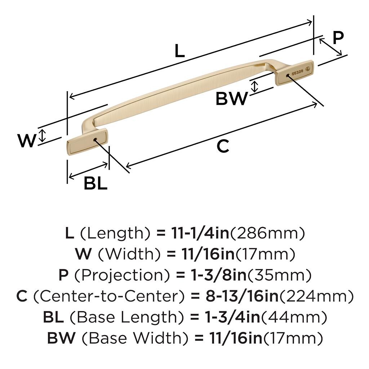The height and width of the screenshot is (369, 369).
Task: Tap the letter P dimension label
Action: (338, 37)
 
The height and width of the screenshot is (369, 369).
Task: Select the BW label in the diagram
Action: (232, 98)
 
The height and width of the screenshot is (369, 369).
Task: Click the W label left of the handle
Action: (27, 141)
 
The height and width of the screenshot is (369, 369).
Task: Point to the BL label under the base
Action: (95, 184)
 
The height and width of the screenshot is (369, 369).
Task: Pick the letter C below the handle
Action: (223, 147)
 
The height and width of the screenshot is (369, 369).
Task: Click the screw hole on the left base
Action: (95, 139)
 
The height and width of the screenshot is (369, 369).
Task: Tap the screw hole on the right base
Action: (287, 76)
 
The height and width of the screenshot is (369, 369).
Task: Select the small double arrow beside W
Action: (43, 135)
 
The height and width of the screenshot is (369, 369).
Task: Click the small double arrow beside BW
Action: (255, 86)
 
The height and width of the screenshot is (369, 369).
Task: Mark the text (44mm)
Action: (294, 317)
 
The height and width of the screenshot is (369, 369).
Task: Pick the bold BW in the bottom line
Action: (61, 338)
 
